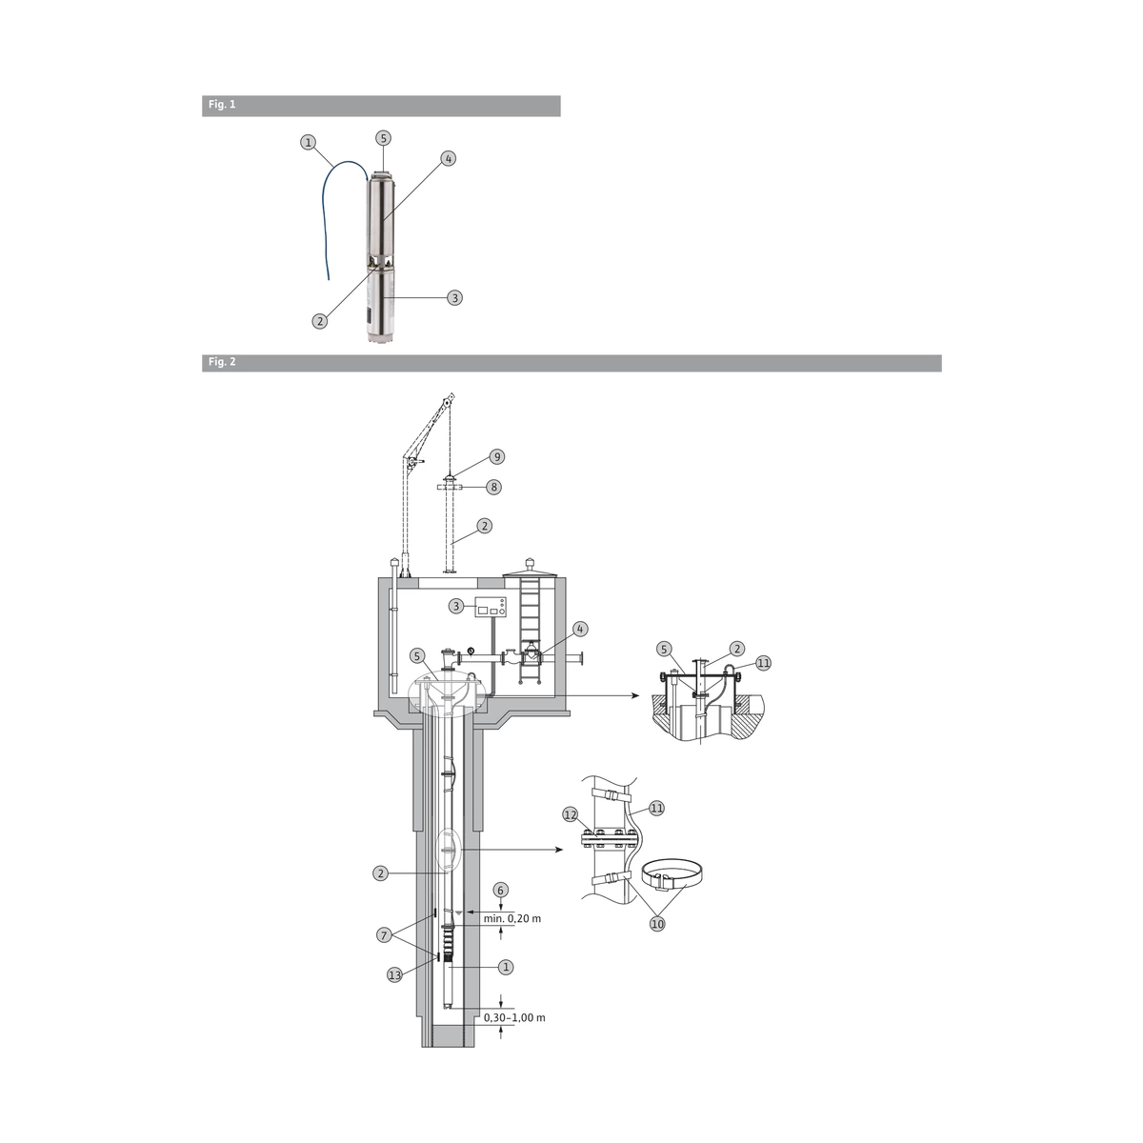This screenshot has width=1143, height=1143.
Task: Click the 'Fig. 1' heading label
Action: [x=222, y=105]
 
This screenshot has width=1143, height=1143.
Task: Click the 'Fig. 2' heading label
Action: [x=222, y=362]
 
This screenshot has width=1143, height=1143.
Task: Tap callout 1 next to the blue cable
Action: [x=308, y=142]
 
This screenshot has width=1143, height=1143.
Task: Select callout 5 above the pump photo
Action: [x=384, y=138]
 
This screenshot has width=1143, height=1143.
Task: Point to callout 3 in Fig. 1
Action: [x=455, y=298]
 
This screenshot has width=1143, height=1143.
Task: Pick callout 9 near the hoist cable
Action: [x=497, y=457]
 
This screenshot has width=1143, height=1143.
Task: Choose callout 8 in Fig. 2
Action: [x=493, y=487]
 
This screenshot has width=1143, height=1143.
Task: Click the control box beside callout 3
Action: [x=491, y=607]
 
